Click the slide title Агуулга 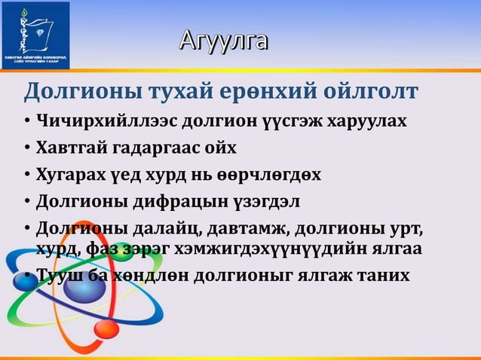click(223, 40)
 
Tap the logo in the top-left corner click(35, 34)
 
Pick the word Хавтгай click(71, 147)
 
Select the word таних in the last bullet click(382, 274)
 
